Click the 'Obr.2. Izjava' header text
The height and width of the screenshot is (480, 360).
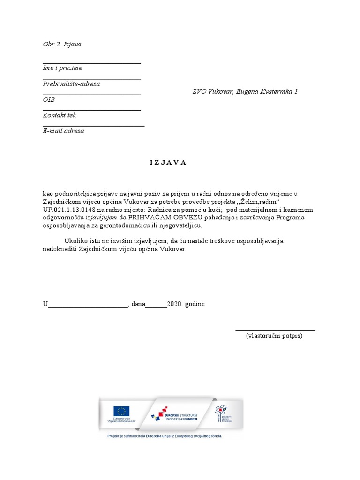tap(62, 45)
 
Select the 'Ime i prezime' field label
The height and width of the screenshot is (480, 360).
tap(62, 68)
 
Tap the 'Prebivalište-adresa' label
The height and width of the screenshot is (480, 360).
tap(71, 84)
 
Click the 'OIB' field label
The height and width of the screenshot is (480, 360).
tap(49, 100)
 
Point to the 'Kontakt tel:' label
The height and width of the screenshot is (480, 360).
tap(60, 115)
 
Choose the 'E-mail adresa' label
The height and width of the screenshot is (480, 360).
tap(63, 131)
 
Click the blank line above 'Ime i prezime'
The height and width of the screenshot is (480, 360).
tap(92, 63)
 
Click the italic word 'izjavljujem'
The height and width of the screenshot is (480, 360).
tap(101, 217)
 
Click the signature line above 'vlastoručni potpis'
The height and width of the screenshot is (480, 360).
tap(275, 330)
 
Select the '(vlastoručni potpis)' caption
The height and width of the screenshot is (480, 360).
tap(274, 336)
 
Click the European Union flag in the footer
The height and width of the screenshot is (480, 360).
tap(122, 412)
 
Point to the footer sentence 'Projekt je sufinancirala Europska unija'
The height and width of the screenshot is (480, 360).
tap(164, 436)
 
